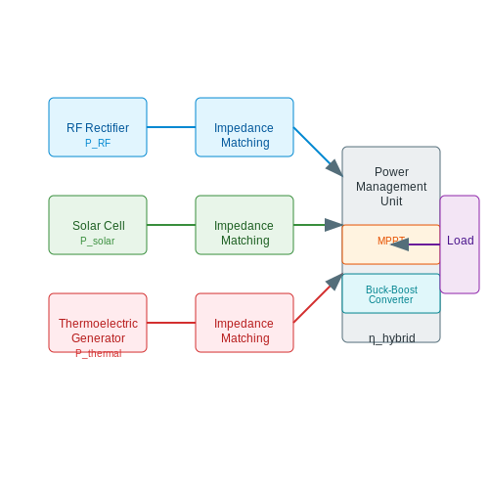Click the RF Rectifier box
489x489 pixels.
point(98,127)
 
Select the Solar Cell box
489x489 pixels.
point(98,225)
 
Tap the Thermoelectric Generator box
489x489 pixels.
point(98,323)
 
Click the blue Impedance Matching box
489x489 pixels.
point(244,127)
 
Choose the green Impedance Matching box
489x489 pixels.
point(244,225)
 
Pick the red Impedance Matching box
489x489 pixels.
point(244,323)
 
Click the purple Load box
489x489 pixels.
point(460,244)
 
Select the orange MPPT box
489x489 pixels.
point(391,244)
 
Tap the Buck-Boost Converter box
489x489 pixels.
point(391,293)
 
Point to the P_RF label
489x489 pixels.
point(98,143)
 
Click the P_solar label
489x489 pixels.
point(98,241)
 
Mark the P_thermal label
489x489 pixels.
point(99,353)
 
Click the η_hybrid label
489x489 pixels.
point(392,338)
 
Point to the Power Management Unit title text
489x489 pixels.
point(391,187)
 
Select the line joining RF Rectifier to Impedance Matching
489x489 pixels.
point(171,127)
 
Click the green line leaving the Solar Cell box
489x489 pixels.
point(171,225)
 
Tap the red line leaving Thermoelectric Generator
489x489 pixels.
point(171,323)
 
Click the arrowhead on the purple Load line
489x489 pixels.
point(400,244)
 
